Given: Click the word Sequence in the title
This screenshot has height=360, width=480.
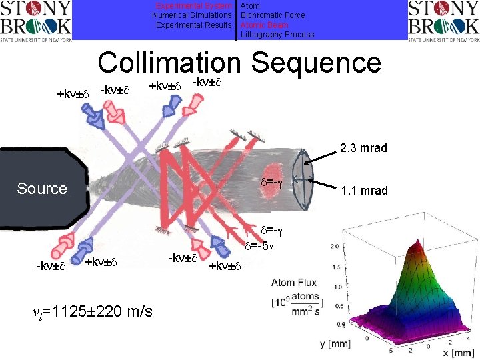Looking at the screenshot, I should tap(316, 63).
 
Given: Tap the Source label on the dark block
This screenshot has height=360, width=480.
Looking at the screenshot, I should tap(42, 189).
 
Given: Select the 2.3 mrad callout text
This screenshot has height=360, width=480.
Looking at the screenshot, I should tap(363, 149).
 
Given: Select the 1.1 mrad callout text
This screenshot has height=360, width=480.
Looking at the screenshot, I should tap(364, 191).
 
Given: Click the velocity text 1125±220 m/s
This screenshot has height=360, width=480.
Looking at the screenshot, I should tap(93, 311).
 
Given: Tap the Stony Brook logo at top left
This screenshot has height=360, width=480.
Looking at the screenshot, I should tap(35, 20).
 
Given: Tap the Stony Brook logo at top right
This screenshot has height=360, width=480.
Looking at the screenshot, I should tap(443, 20).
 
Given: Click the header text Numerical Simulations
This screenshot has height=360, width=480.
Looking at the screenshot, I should tap(192, 15).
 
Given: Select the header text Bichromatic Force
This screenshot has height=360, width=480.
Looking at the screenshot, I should tap(273, 15).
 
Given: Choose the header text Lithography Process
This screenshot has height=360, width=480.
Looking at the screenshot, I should tap(277, 34).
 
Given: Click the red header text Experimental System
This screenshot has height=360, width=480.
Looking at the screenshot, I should tap(193, 6).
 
